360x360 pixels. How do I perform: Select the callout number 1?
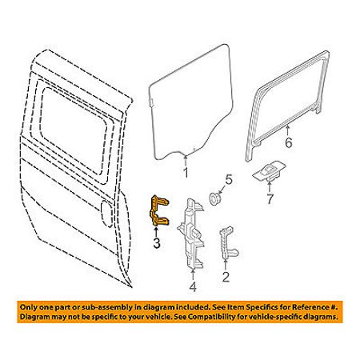[x=186, y=173]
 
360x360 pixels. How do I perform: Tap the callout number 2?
[x=226, y=277]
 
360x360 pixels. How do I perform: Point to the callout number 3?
[x=157, y=243]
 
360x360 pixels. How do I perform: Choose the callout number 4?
[x=193, y=286]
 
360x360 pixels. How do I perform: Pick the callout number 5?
[x=229, y=179]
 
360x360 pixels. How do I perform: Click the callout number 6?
[x=289, y=142]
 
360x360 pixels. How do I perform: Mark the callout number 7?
[x=270, y=199]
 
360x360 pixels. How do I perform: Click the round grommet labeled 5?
[x=214, y=198]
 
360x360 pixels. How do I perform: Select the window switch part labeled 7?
[x=269, y=171]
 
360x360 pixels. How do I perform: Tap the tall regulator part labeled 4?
[x=190, y=234]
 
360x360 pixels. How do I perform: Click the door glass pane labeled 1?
[x=190, y=102]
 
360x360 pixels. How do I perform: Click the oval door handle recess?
[x=107, y=214]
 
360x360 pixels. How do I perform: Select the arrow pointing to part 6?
[x=287, y=130]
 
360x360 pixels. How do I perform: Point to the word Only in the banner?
[x=28, y=307]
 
